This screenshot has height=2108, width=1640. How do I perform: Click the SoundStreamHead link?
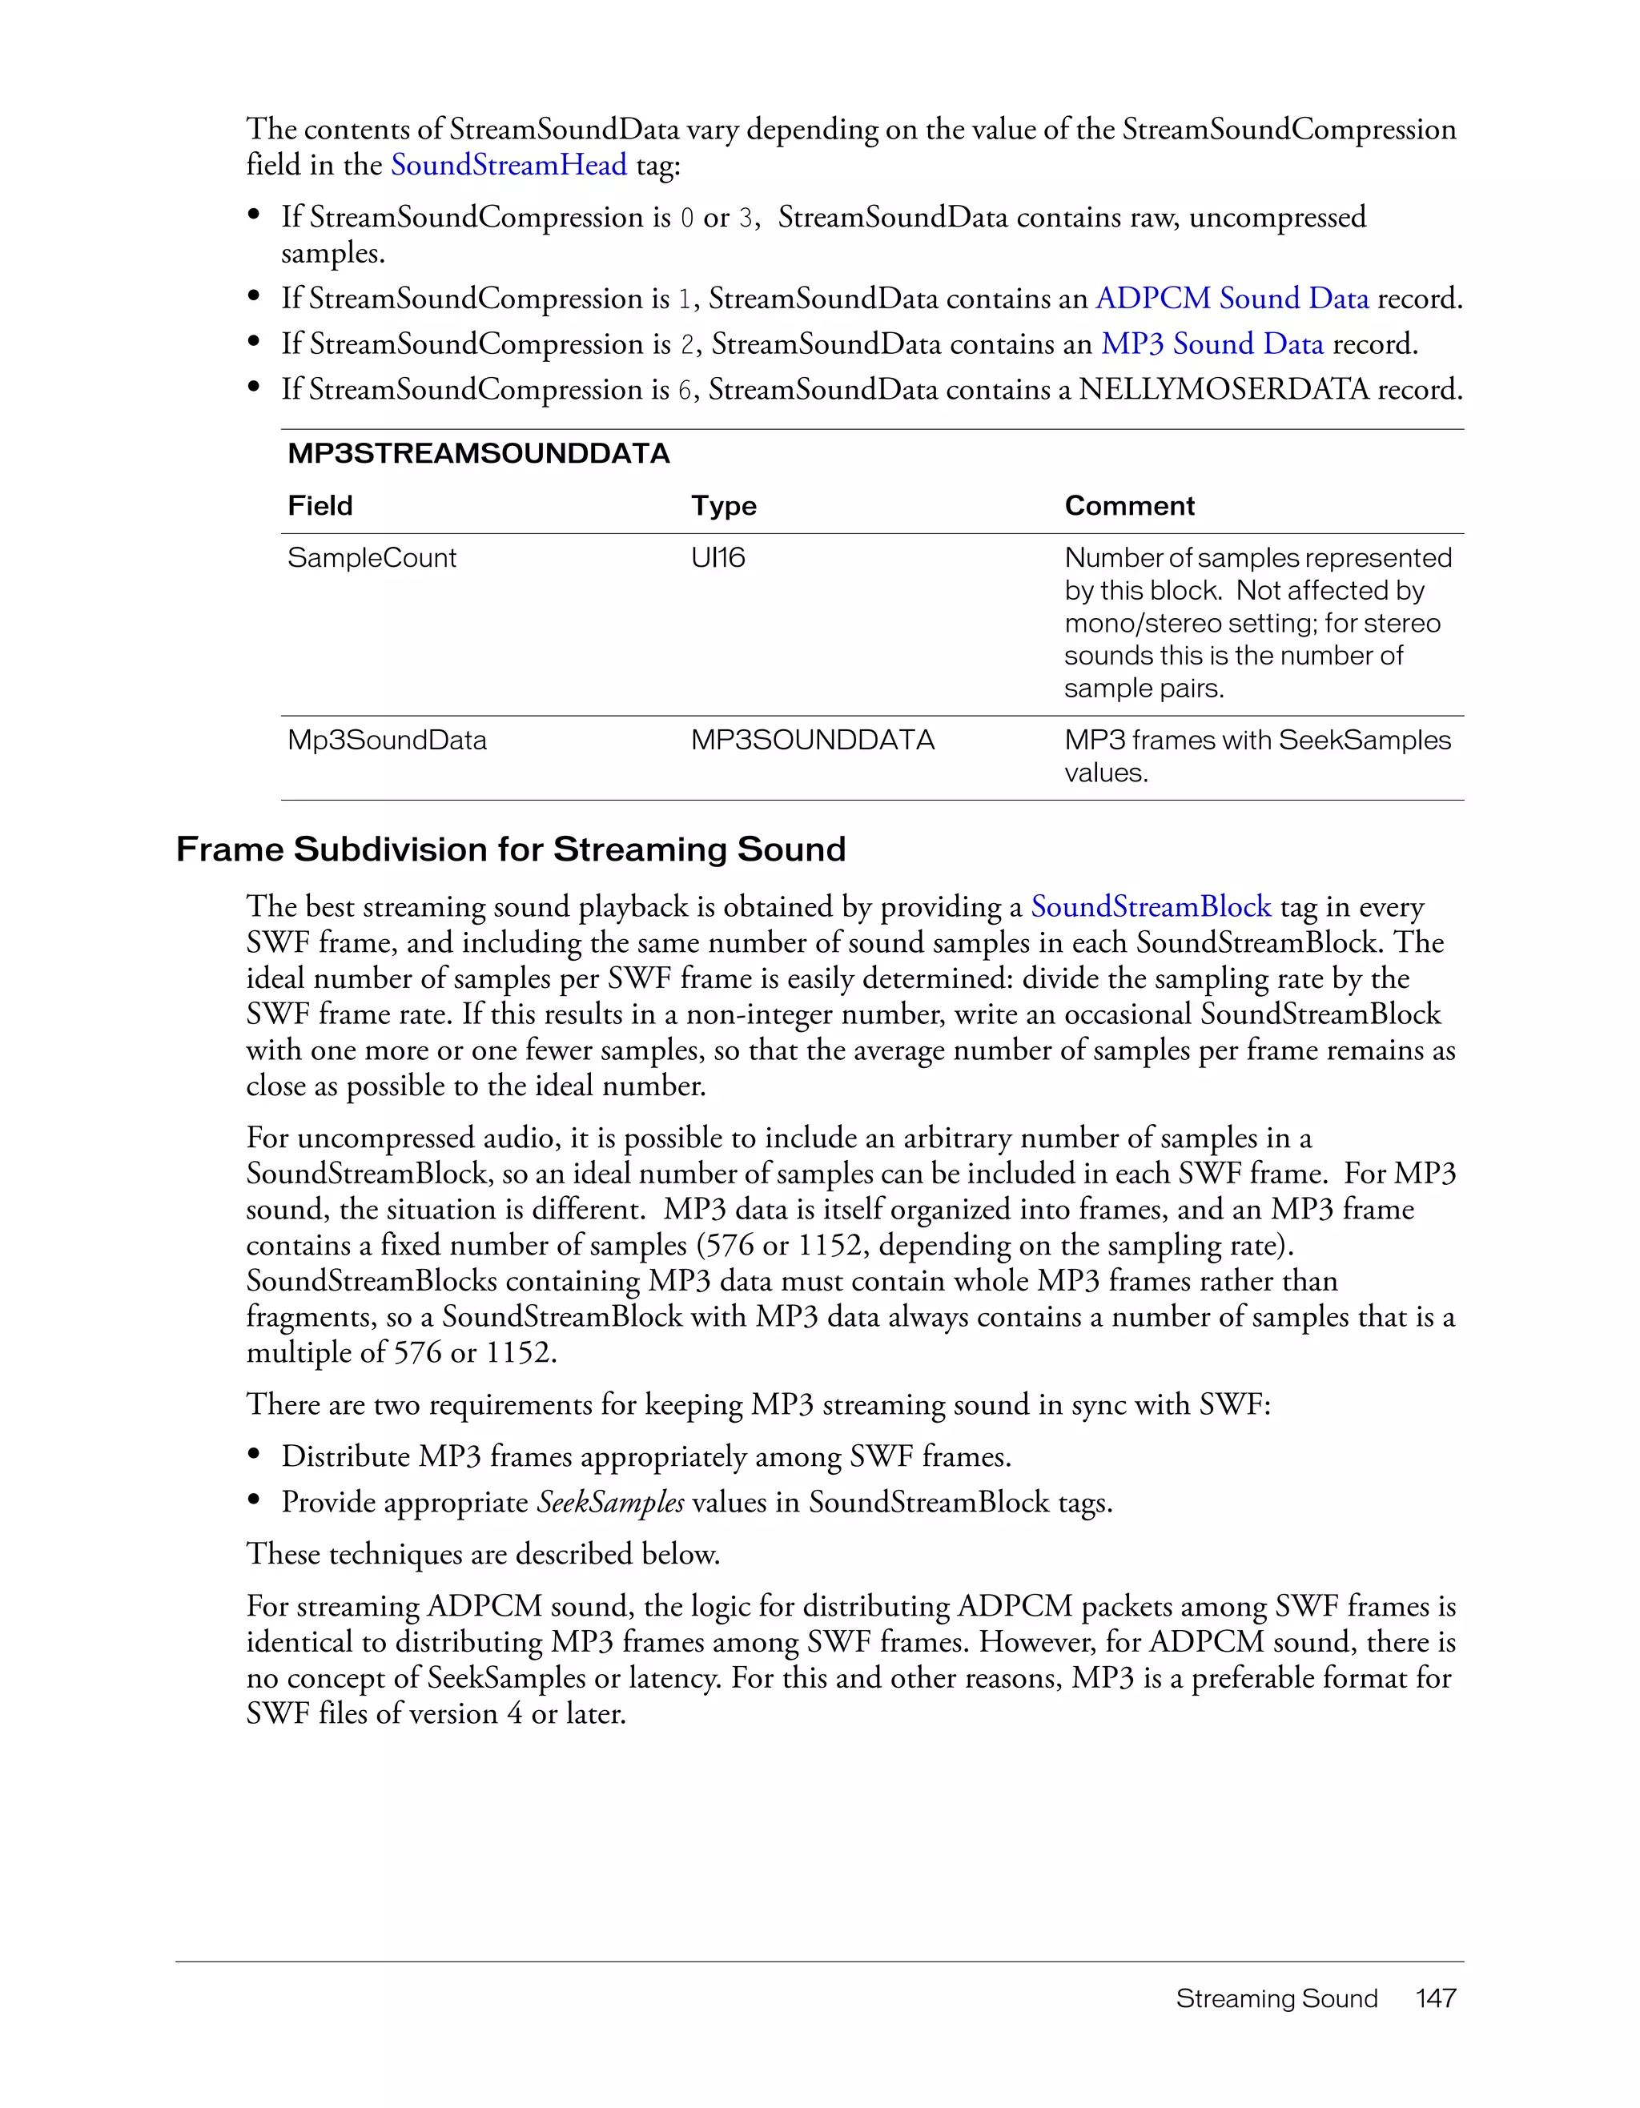(x=508, y=165)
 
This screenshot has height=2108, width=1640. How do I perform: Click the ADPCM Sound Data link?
(x=1232, y=299)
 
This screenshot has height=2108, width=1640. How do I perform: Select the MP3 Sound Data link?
(x=1212, y=343)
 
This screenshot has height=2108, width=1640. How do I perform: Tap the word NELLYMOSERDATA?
(x=1224, y=389)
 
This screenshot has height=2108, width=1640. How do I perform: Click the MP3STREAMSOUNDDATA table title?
(x=479, y=454)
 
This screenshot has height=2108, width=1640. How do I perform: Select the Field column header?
(x=320, y=506)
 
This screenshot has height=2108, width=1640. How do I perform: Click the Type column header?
(x=723, y=506)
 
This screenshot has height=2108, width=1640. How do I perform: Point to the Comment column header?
(x=1129, y=506)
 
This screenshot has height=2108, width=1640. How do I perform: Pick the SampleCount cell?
(x=372, y=558)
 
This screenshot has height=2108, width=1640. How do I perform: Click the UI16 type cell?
(x=718, y=558)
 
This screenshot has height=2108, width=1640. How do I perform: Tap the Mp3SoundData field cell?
(x=387, y=741)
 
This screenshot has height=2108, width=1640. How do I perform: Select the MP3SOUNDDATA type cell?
(x=813, y=741)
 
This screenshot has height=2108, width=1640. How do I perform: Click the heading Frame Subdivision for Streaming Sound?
(x=511, y=849)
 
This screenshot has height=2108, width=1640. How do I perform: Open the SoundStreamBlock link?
(x=1151, y=906)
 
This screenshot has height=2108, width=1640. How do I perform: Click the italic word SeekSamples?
(x=610, y=1502)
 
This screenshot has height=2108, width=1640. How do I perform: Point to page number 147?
(x=1435, y=1998)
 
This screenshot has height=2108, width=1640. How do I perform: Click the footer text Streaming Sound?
(x=1276, y=1998)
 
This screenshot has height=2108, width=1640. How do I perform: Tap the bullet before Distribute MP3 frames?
(x=255, y=1455)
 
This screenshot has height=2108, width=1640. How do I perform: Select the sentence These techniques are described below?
(x=483, y=1554)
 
